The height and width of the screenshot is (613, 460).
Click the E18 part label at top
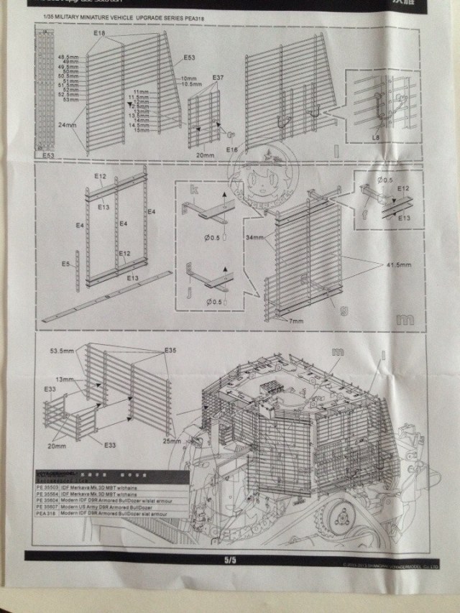pyautogui.click(x=99, y=34)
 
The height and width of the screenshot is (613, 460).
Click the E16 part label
pyautogui.click(x=231, y=148)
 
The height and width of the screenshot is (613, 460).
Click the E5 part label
pyautogui.click(x=65, y=264)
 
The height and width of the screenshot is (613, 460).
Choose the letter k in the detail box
pyautogui.click(x=192, y=190)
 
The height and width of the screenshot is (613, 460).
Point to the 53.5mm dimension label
pyautogui.click(x=63, y=351)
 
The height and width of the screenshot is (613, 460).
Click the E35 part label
pyautogui.click(x=170, y=350)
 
